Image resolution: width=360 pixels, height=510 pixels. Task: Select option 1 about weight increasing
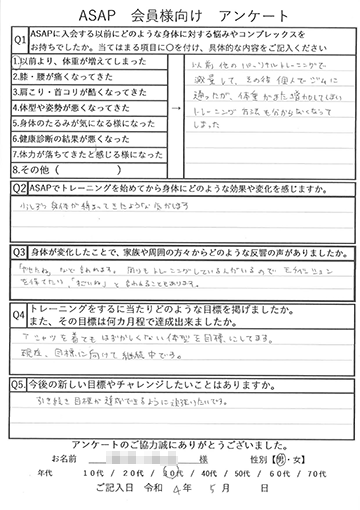click(x=82, y=62)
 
